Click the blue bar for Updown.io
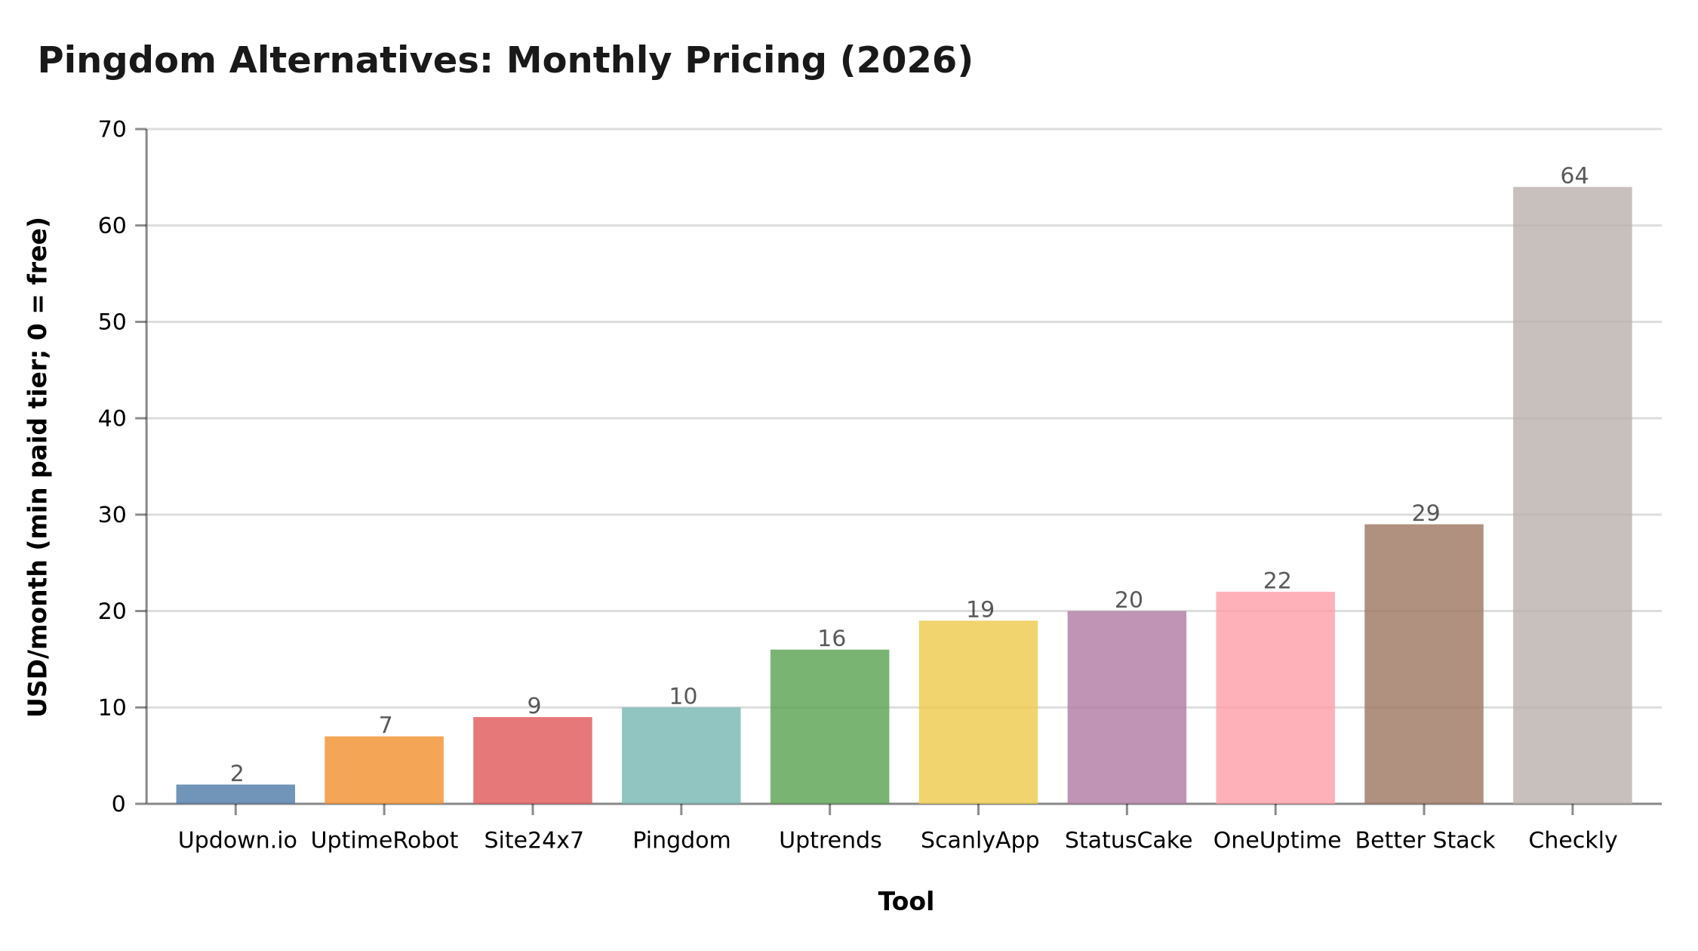coord(235,794)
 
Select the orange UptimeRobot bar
coord(384,770)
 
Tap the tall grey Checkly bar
coord(1572,495)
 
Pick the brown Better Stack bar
coord(1423,664)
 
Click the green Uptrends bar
coord(829,726)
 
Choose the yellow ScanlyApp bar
coord(978,712)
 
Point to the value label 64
coord(1574,176)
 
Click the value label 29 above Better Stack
coord(1426,513)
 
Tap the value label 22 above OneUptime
coord(1277,581)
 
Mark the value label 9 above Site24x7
coord(534,706)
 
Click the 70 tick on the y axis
coord(112,130)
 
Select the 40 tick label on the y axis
coord(112,418)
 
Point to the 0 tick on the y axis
coord(118,805)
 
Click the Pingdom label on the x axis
coord(681,841)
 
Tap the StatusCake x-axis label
coord(1128,841)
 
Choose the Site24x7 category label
coord(534,841)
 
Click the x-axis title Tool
coord(906,902)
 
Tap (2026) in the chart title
coord(906,60)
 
